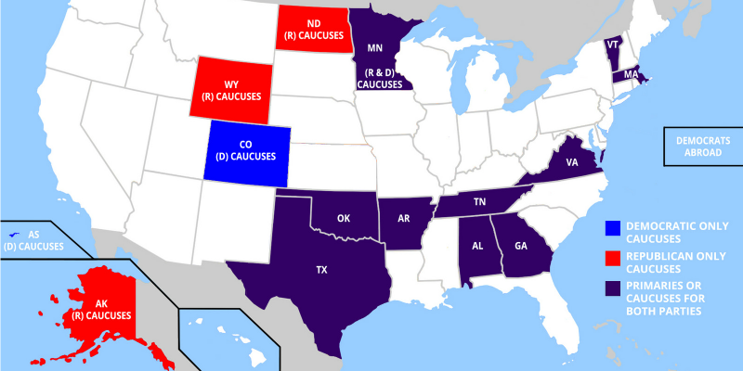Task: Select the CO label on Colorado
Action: tap(246, 144)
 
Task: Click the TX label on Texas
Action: tap(321, 270)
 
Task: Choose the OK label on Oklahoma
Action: tap(344, 219)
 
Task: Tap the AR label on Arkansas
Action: tap(404, 220)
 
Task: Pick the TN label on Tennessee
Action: tap(480, 201)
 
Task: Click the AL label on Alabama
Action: tap(477, 247)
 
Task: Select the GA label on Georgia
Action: tap(520, 247)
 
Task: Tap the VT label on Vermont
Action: tap(612, 45)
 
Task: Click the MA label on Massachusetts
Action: tap(630, 73)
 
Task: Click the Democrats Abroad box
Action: tap(702, 146)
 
